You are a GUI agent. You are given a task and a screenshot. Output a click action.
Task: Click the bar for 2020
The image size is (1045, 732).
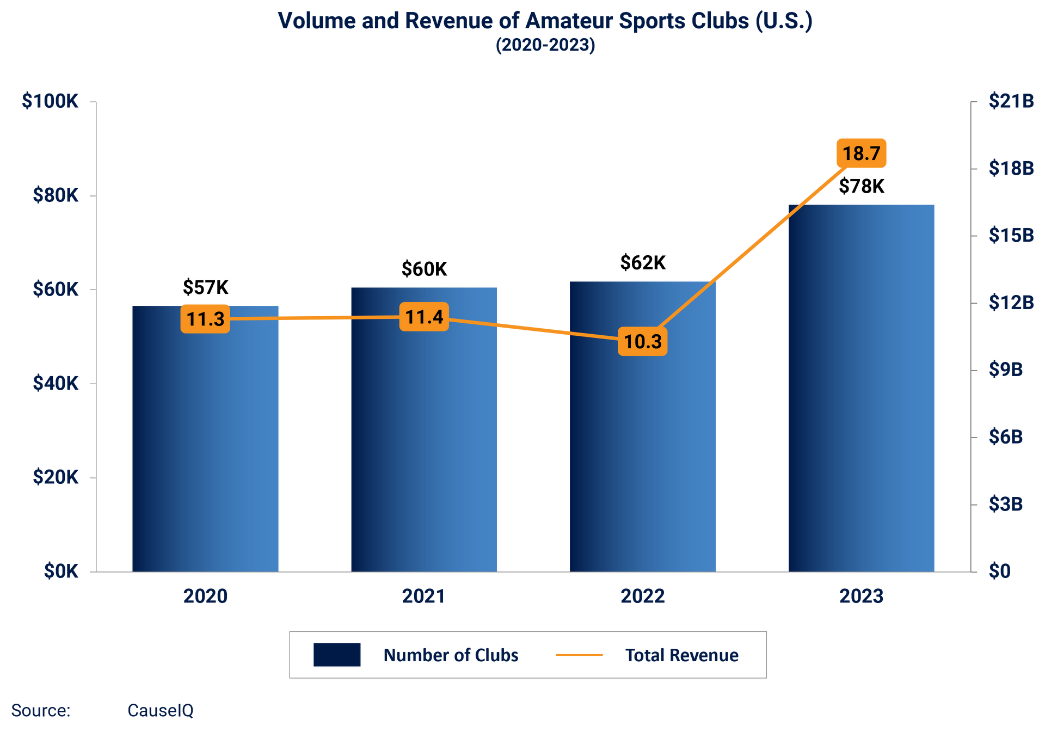point(205,446)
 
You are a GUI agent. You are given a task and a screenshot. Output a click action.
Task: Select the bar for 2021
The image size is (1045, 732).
point(424,435)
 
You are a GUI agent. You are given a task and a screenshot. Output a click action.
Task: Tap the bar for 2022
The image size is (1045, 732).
point(643,435)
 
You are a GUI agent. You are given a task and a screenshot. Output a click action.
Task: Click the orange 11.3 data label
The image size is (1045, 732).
point(205,319)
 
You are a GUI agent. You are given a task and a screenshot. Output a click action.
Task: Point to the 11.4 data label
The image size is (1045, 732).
point(424,317)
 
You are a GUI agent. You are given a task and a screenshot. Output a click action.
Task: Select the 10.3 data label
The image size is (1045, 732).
point(642,342)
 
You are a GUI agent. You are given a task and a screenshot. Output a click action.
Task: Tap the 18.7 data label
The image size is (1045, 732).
point(861,153)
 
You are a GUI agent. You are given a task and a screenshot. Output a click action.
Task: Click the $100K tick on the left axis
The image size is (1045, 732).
point(51,101)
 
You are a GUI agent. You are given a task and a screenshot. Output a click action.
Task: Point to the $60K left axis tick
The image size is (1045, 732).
point(56,290)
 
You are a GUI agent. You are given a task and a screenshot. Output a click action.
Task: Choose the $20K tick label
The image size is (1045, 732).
point(56,478)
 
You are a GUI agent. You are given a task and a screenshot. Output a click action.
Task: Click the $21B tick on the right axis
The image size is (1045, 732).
point(1011,101)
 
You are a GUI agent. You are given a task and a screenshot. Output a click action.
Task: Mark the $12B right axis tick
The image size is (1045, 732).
point(1011,303)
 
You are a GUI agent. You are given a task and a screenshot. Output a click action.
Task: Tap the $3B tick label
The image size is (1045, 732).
point(1005,505)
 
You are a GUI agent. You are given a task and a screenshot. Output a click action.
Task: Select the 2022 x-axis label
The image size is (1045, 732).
point(643,596)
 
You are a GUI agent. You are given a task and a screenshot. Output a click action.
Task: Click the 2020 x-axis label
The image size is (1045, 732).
point(205,596)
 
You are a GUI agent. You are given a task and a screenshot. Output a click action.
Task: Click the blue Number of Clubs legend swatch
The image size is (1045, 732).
point(337,655)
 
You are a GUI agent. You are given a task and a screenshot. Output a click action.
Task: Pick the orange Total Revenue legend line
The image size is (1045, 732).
point(579,655)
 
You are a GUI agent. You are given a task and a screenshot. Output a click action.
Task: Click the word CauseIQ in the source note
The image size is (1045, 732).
point(160,710)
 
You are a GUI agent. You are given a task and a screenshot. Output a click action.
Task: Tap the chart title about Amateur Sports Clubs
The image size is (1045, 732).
point(545,21)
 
